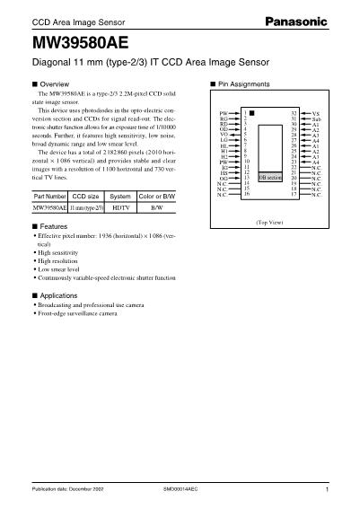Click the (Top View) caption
point(269,221)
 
